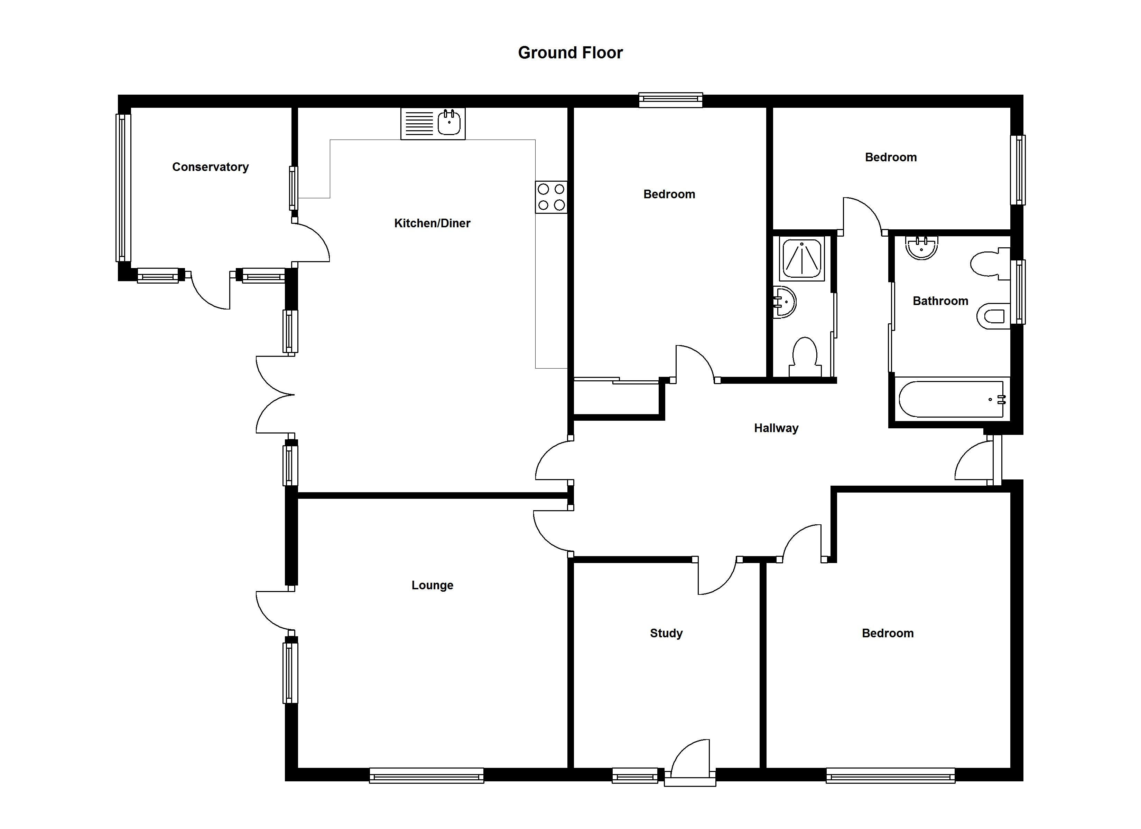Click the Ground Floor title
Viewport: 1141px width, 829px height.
[570, 53]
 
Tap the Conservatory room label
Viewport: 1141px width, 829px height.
[210, 167]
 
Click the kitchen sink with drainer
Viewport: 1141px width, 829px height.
[433, 123]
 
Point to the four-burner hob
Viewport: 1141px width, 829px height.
[551, 197]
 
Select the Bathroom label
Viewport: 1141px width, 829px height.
[940, 301]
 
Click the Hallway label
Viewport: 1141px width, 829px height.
[776, 428]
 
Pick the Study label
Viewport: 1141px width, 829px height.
[666, 633]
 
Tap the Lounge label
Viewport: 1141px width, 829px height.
[432, 585]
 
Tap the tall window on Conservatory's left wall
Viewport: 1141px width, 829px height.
[123, 188]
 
